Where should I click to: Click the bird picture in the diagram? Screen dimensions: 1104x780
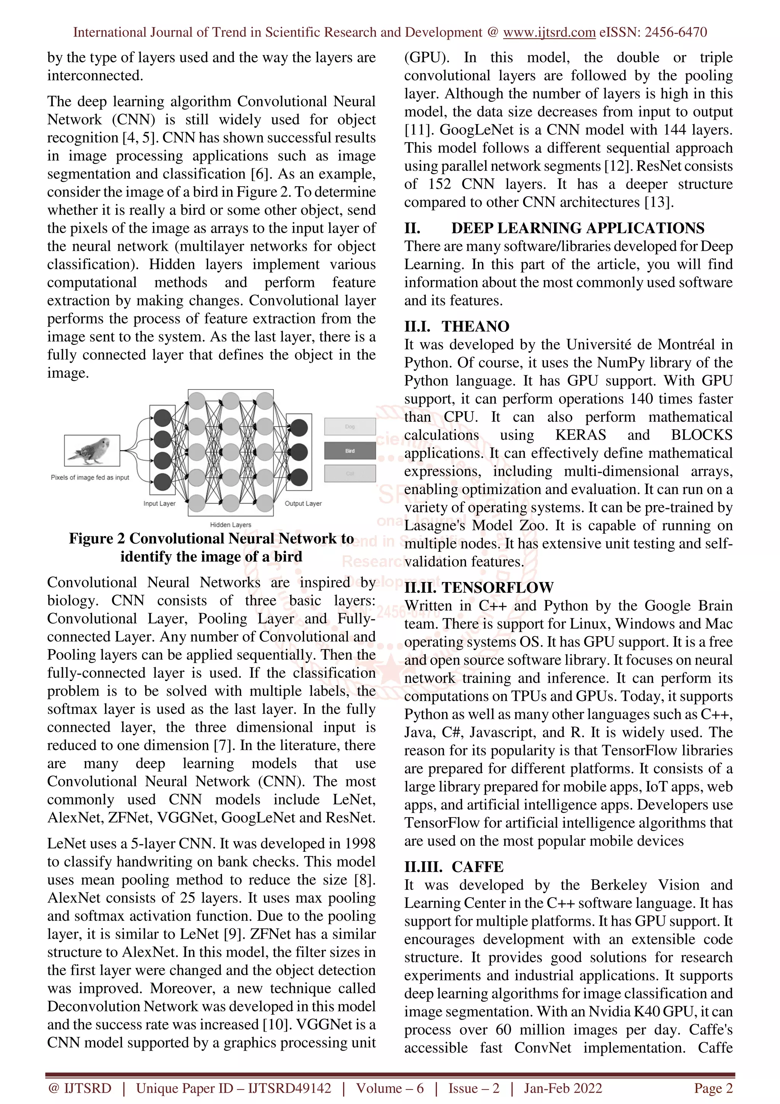click(92, 451)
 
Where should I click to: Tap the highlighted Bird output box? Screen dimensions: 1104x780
click(350, 451)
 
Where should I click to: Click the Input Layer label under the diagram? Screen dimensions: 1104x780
click(159, 504)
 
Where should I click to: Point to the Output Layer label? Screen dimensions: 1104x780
click(303, 504)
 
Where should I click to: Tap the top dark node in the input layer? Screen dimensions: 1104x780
click(163, 418)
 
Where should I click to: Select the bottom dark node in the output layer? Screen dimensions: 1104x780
click(299, 477)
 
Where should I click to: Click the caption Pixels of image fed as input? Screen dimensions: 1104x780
click(90, 477)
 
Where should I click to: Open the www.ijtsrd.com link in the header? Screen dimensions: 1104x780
click(549, 32)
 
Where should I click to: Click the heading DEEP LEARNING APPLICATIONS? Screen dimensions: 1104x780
click(578, 228)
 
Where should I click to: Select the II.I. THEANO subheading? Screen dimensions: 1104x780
click(457, 326)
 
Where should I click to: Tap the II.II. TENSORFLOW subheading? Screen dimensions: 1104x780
click(479, 587)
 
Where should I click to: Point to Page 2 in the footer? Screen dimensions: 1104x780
click(713, 1088)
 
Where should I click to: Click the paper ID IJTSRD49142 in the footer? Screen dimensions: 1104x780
click(289, 1088)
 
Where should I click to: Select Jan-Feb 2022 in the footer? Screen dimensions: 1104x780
click(563, 1088)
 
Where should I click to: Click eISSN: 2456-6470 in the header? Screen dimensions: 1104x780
click(653, 32)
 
